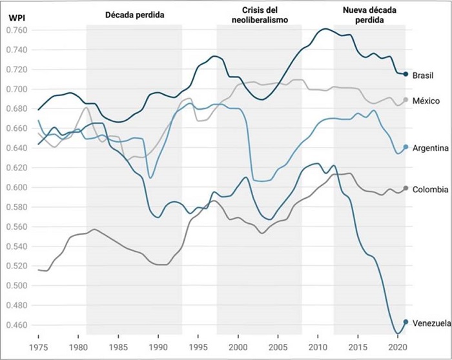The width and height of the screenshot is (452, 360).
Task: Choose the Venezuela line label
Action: [431, 323]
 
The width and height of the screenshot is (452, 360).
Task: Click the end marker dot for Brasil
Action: [406, 74]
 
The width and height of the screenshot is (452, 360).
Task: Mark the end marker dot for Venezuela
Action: [406, 322]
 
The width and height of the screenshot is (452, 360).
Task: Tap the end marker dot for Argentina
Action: [406, 148]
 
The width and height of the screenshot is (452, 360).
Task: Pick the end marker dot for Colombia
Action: [406, 188]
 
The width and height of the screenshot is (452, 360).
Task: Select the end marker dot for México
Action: [406, 100]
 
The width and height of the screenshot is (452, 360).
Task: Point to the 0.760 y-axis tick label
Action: [17, 30]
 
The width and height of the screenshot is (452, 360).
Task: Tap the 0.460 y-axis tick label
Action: [17, 325]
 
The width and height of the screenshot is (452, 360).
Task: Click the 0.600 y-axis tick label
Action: [17, 188]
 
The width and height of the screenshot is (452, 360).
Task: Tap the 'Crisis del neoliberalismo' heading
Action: [260, 15]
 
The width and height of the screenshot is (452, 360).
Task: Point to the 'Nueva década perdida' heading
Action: [369, 15]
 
